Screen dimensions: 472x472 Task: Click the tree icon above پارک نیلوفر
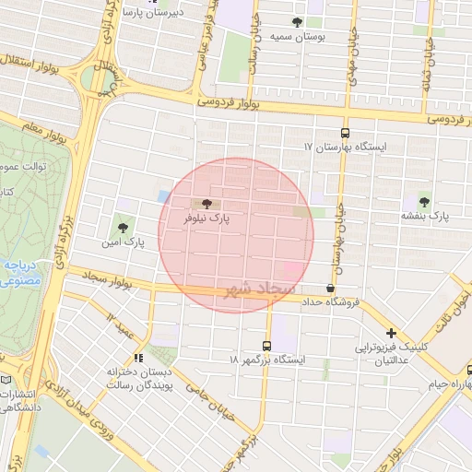[205, 204]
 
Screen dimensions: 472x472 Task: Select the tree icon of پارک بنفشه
[424, 199]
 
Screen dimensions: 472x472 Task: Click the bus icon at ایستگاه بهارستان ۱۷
[345, 133]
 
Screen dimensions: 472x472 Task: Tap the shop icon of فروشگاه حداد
[331, 289]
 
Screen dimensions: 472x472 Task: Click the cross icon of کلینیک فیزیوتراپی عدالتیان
[392, 334]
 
